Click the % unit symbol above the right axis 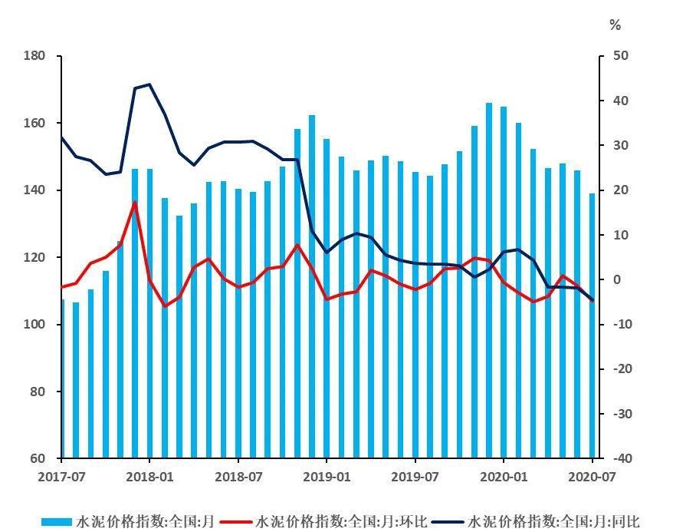click(x=615, y=25)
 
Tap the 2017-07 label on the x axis click(x=61, y=476)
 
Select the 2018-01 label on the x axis click(x=149, y=476)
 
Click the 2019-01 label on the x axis click(x=327, y=476)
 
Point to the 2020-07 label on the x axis click(x=592, y=476)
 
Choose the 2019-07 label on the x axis click(x=415, y=476)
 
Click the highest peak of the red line click(x=135, y=202)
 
